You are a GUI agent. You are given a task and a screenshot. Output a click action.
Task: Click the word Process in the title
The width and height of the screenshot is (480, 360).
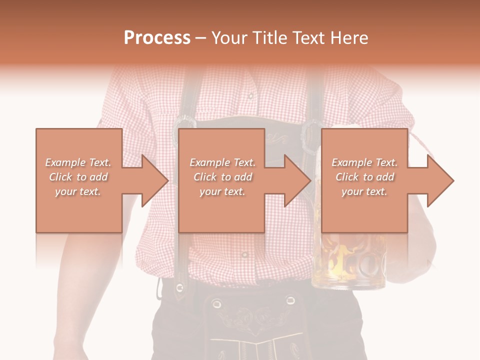[157, 38]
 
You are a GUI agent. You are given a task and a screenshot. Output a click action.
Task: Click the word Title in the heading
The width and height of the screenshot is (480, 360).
[271, 38]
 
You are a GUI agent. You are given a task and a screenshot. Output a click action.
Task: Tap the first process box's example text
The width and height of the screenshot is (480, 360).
[78, 177]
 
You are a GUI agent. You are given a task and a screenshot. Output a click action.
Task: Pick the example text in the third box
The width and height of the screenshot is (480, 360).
[364, 177]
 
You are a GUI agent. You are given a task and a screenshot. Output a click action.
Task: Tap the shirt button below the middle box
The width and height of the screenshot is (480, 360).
[244, 254]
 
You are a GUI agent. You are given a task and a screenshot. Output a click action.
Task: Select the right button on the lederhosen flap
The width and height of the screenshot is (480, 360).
[290, 300]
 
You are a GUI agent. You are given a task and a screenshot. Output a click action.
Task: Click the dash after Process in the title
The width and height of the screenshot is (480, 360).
[200, 38]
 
